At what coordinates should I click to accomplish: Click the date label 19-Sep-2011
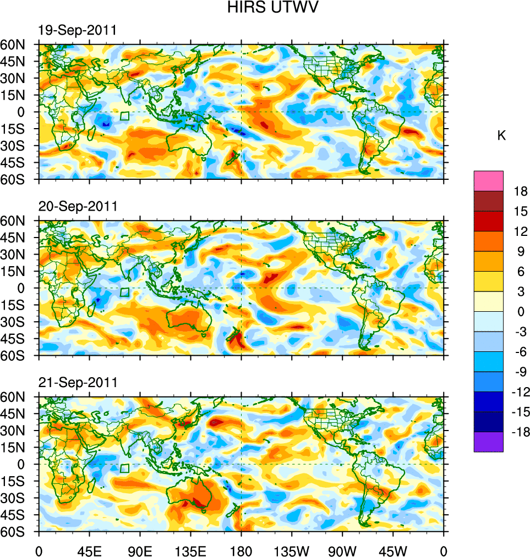click(77, 30)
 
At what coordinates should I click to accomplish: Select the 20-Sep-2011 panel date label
click(78, 206)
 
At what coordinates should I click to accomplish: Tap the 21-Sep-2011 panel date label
click(77, 382)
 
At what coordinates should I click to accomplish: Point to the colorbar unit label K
click(501, 136)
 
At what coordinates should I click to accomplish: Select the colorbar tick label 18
click(520, 191)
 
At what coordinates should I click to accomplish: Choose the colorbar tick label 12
click(520, 231)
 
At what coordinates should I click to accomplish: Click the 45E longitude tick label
click(89, 550)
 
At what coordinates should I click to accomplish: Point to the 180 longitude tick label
click(241, 550)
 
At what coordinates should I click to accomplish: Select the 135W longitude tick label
click(292, 550)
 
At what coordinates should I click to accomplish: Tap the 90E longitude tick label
click(140, 550)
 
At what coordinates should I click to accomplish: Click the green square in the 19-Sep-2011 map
click(124, 116)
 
